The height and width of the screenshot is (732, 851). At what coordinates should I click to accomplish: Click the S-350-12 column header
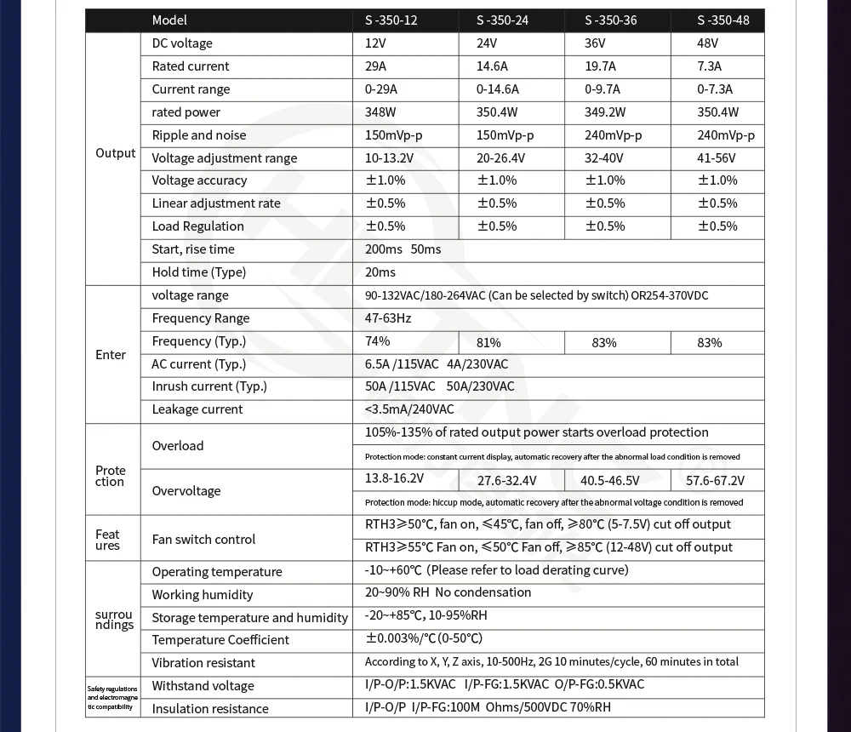coord(391,20)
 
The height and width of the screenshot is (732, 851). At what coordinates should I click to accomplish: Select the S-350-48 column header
coord(722,20)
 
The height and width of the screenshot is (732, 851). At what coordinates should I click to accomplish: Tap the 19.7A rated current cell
coord(602,66)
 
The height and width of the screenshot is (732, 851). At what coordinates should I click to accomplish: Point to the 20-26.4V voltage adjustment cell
coord(500,158)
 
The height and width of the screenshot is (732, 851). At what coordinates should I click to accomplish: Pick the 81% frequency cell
coord(488,342)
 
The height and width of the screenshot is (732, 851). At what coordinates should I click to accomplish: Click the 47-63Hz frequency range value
coord(388,318)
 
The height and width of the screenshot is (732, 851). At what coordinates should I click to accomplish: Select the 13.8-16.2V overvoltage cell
coord(394,478)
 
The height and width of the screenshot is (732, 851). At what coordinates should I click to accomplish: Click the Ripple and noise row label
coord(199,135)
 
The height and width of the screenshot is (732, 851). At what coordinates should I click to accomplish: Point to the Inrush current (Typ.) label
coord(209,386)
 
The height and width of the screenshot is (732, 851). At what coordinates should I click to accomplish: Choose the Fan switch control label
coord(203,540)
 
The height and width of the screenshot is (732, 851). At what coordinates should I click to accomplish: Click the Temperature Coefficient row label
coord(220,640)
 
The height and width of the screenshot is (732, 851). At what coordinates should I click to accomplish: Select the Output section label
coord(116,153)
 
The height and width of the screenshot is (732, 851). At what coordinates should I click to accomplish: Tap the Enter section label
coord(111,355)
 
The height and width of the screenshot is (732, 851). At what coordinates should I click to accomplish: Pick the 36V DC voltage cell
coord(595,43)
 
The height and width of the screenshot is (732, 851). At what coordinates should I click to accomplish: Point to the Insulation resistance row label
coord(210,709)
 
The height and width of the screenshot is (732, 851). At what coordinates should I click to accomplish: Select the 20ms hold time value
coord(380,272)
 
